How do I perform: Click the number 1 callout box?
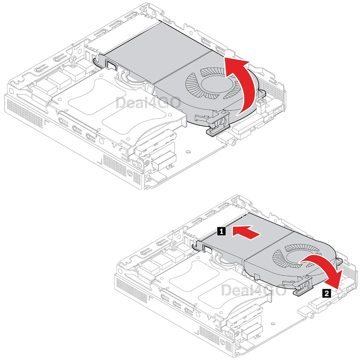(221, 232)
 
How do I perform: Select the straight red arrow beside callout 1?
(245, 233)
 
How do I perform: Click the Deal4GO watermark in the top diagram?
(148, 103)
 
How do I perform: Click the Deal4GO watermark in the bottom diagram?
(253, 290)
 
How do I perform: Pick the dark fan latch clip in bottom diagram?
(304, 287)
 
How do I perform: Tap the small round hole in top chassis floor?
(188, 152)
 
